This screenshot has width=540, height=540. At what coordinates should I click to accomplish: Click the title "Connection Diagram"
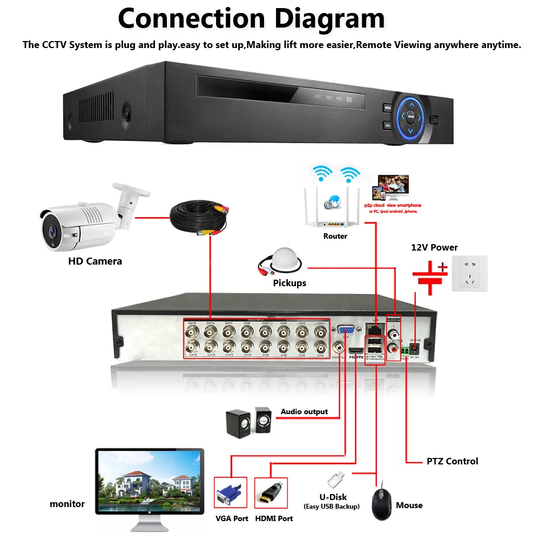click(x=251, y=18)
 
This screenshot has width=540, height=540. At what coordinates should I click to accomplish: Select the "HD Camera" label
click(x=95, y=261)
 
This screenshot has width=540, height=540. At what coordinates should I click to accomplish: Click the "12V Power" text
click(x=434, y=248)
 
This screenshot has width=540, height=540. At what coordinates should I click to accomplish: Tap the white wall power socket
click(x=469, y=273)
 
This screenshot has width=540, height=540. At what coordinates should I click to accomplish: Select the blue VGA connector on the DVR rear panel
click(x=346, y=330)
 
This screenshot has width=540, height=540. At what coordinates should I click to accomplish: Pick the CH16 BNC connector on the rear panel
click(x=192, y=347)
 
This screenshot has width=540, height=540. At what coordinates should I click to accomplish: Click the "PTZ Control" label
click(x=452, y=461)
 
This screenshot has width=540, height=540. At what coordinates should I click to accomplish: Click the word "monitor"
click(x=67, y=504)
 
